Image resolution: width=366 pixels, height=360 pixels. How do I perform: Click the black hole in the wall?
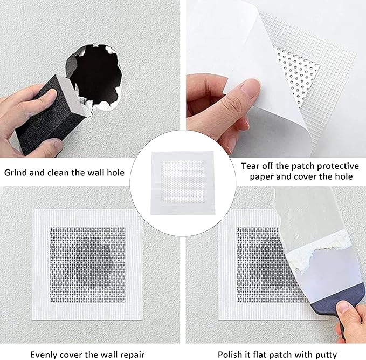click(96, 75)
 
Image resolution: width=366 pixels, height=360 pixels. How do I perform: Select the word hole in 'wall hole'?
click(115, 173)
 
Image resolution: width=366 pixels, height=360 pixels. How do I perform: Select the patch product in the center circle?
click(183, 182)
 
